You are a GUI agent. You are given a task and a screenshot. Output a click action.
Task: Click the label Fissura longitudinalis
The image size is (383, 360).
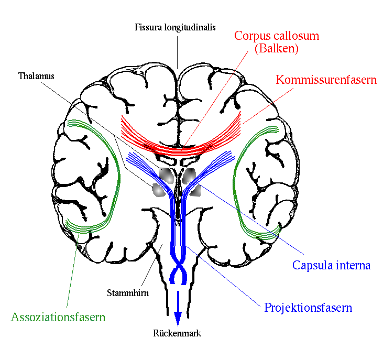[175, 27]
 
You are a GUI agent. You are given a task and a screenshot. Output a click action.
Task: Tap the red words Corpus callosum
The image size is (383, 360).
[277, 36]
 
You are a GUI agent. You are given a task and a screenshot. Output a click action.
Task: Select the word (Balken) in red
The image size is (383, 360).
[277, 48]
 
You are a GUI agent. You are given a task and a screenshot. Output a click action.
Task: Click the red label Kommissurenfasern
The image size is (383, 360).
[326, 80]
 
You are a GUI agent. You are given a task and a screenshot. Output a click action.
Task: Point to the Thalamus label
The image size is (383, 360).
[36, 76]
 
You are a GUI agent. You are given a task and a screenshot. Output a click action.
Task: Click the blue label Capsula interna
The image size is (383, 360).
[332, 265]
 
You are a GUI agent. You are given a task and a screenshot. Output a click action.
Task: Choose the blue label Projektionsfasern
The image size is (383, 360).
[308, 308]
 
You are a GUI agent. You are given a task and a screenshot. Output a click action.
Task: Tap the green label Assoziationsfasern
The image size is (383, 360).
[58, 317]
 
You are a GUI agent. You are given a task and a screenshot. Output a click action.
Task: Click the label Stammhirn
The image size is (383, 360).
[128, 292]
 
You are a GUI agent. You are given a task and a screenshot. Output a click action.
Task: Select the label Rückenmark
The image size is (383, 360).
[177, 333]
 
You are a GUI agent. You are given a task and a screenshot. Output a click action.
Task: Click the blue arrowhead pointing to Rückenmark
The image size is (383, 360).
[178, 319]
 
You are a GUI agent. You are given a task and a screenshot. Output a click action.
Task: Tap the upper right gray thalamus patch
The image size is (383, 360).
[189, 176]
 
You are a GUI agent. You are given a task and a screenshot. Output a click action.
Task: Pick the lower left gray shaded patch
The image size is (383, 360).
[159, 190]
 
